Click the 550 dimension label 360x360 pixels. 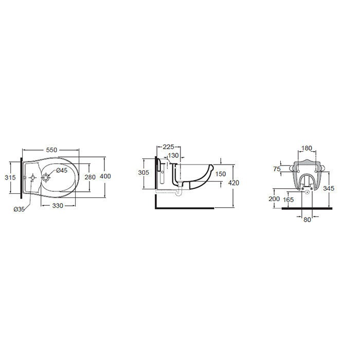click(51, 150)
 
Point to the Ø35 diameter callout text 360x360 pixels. click(20, 208)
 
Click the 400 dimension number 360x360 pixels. click(105, 176)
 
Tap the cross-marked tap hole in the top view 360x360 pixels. click(33, 178)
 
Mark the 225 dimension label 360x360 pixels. click(169, 146)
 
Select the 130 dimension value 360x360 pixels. click(173, 155)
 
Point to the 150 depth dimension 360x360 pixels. click(221, 174)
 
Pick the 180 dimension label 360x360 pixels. click(307, 149)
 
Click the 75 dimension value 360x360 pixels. click(277, 169)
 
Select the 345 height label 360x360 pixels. click(329, 189)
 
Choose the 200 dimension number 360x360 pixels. click(274, 199)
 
